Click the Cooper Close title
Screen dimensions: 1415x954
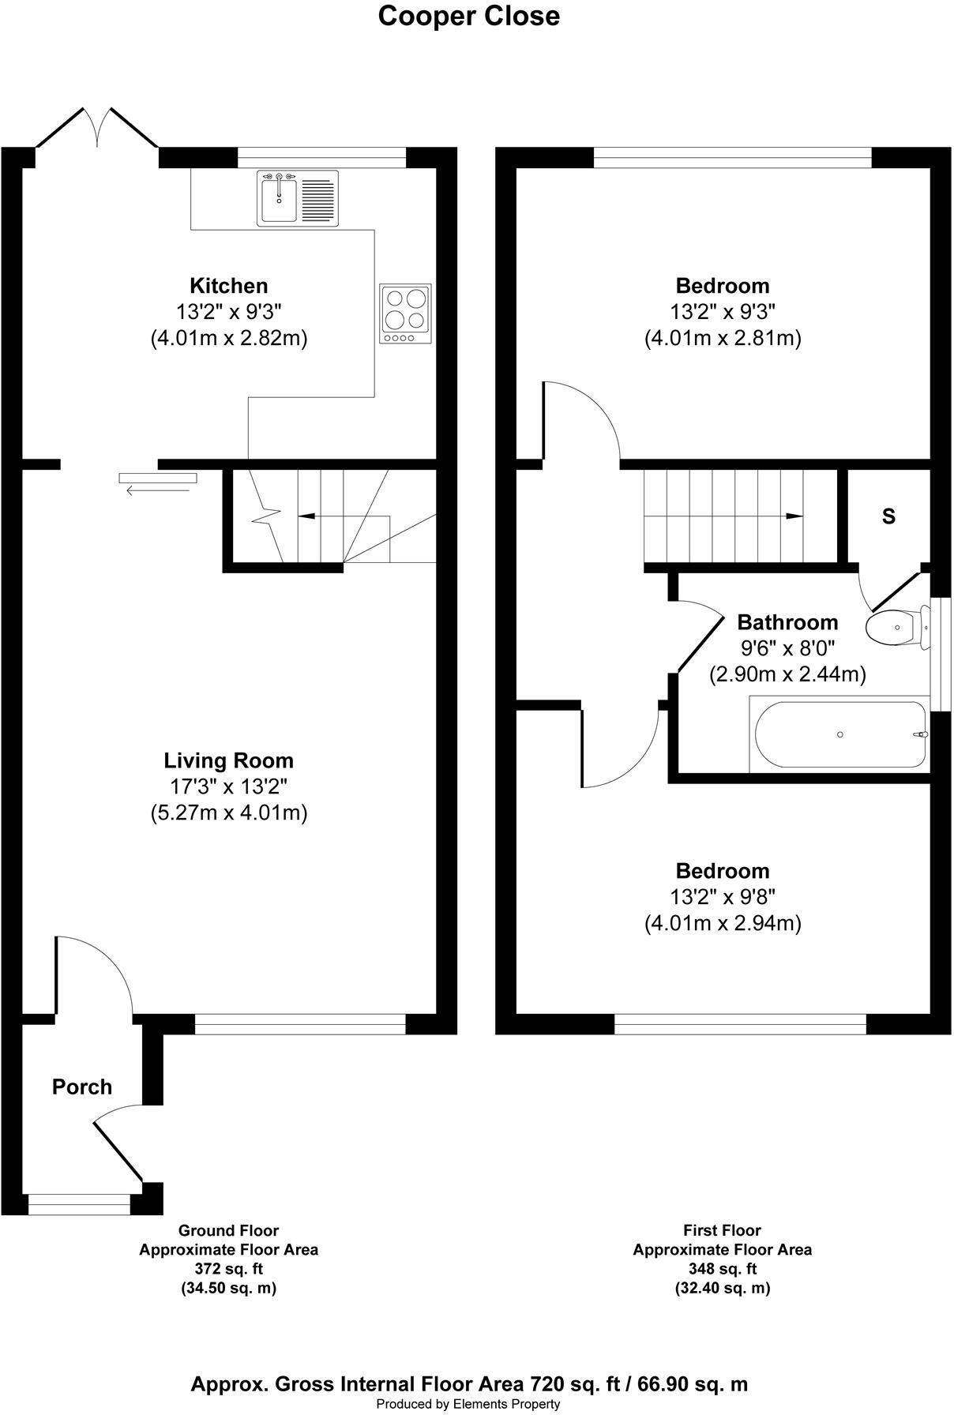[468, 17]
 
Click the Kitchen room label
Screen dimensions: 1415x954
[228, 286]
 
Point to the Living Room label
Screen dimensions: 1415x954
[228, 761]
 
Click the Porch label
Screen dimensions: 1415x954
[82, 1087]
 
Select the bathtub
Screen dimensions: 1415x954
[839, 734]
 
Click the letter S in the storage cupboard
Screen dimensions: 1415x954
[888, 516]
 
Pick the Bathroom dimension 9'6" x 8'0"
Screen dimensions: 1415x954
[787, 648]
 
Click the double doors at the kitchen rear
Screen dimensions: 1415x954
[97, 128]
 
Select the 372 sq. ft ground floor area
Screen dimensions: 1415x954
[228, 1269]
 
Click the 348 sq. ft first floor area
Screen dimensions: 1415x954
[722, 1269]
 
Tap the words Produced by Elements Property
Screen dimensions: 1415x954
[468, 1404]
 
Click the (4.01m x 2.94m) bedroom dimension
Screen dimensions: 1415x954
[723, 923]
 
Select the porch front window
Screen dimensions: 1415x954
[78, 1204]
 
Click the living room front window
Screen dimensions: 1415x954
[300, 1024]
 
